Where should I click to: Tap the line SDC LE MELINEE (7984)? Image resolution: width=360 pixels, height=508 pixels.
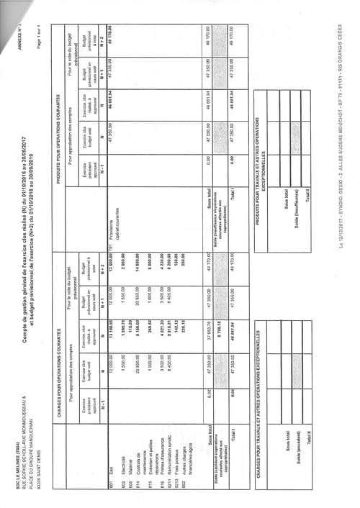(x=6, y=484)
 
